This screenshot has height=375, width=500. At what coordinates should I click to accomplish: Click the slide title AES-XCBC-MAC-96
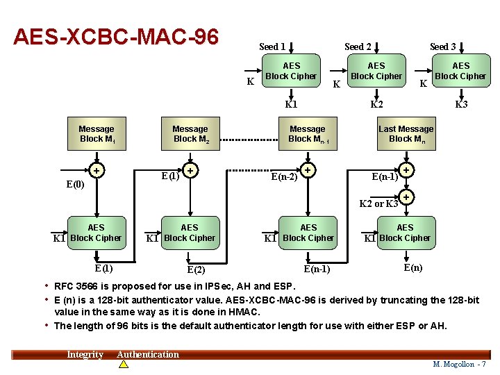point(116,35)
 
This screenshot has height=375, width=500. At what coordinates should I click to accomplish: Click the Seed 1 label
point(272,47)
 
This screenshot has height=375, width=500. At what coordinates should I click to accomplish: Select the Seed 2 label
point(358,47)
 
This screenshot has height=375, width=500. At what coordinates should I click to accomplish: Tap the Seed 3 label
point(443,47)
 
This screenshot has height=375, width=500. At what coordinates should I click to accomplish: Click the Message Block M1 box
point(97,134)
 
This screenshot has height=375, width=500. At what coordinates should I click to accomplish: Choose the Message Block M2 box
point(190,134)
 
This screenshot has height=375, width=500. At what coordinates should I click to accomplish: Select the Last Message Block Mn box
point(406,134)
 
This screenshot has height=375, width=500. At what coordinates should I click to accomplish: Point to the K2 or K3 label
point(378,203)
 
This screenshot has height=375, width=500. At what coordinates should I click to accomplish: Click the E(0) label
point(75,185)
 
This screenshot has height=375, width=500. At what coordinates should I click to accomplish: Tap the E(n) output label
point(412,267)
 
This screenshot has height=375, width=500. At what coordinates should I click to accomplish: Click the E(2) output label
point(196,269)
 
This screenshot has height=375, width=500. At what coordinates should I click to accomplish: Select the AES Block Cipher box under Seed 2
point(376,72)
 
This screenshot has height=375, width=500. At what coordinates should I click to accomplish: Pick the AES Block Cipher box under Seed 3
point(460,72)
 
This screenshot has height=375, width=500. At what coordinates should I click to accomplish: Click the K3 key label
point(461,105)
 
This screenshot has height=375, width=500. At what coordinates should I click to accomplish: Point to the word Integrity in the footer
point(85,355)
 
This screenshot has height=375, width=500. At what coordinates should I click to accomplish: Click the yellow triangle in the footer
point(124,364)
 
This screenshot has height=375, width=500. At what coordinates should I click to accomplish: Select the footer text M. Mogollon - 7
point(460,364)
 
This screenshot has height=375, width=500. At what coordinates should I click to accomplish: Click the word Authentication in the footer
point(148,354)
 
